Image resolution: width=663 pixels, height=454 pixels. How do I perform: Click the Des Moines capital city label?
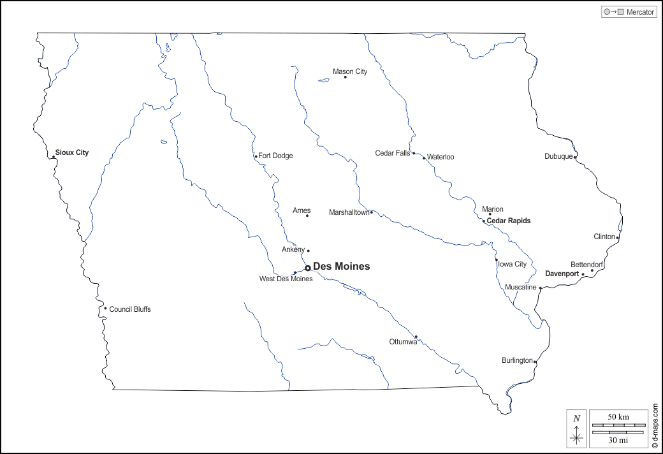341,267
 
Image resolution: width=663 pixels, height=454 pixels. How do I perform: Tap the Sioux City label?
72,153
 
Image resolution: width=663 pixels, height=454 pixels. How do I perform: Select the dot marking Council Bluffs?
105,309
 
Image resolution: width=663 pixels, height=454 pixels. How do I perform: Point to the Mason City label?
350,71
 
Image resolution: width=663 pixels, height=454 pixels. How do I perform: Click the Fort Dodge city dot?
256,156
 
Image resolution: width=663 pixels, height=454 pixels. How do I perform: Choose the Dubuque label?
558,157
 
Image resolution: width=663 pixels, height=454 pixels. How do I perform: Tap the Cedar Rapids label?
509,221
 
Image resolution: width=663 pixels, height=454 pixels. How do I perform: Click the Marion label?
493,209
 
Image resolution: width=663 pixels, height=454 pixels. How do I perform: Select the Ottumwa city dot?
416,337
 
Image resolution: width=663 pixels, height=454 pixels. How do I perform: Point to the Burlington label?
516,361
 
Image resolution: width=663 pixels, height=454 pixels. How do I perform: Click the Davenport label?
562,274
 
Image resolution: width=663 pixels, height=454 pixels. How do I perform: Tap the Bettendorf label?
586,264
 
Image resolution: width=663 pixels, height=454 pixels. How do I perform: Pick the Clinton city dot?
617,238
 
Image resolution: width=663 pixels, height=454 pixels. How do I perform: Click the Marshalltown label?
349,212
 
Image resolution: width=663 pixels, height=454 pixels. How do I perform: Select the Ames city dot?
307,216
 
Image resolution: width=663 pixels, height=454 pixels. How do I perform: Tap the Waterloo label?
441,157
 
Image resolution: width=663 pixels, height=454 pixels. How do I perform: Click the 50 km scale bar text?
618,417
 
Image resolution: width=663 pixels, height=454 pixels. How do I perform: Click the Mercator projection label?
640,12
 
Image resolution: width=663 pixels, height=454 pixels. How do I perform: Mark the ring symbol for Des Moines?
307,268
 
